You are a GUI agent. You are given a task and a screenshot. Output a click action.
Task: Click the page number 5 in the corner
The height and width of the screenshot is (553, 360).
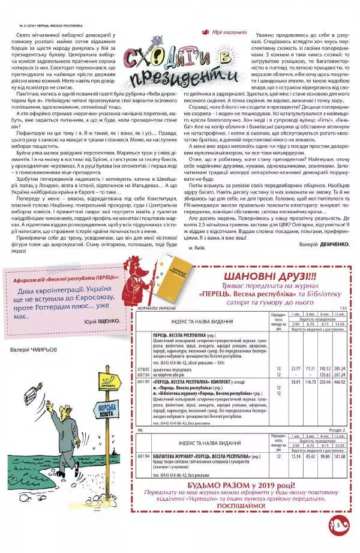338,525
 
